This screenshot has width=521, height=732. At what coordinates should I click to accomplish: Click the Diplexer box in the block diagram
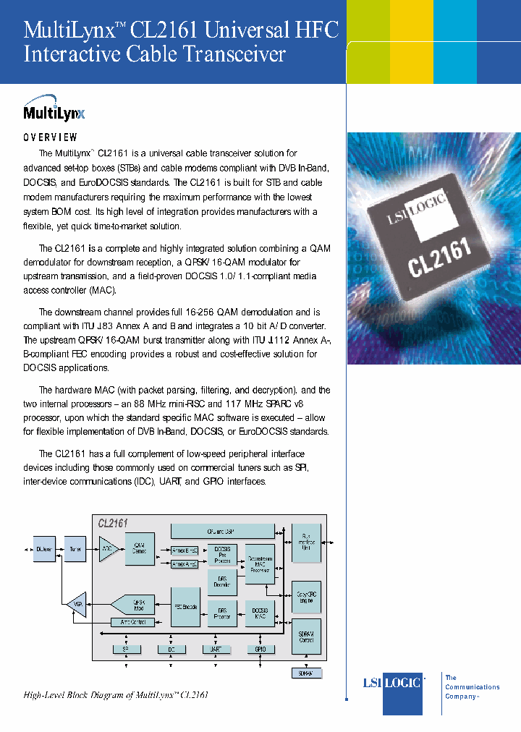(44, 548)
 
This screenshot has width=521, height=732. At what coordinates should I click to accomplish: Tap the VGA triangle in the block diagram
(75, 603)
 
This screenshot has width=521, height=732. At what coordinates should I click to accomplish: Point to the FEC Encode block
(185, 606)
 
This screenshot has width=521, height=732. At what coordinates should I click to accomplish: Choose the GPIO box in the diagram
(260, 650)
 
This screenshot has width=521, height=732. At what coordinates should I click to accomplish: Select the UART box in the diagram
(216, 650)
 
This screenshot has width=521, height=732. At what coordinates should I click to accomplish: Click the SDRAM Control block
(306, 637)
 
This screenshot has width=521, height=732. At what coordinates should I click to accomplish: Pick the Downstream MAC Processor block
(260, 563)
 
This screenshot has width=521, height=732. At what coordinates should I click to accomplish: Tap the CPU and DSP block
(222, 531)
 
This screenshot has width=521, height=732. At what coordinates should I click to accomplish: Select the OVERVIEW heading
(51, 137)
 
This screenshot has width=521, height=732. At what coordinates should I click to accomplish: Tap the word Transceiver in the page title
(233, 54)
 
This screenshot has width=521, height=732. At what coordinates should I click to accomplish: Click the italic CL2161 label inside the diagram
(113, 522)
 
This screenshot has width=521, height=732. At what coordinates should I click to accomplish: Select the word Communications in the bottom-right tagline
(472, 687)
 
